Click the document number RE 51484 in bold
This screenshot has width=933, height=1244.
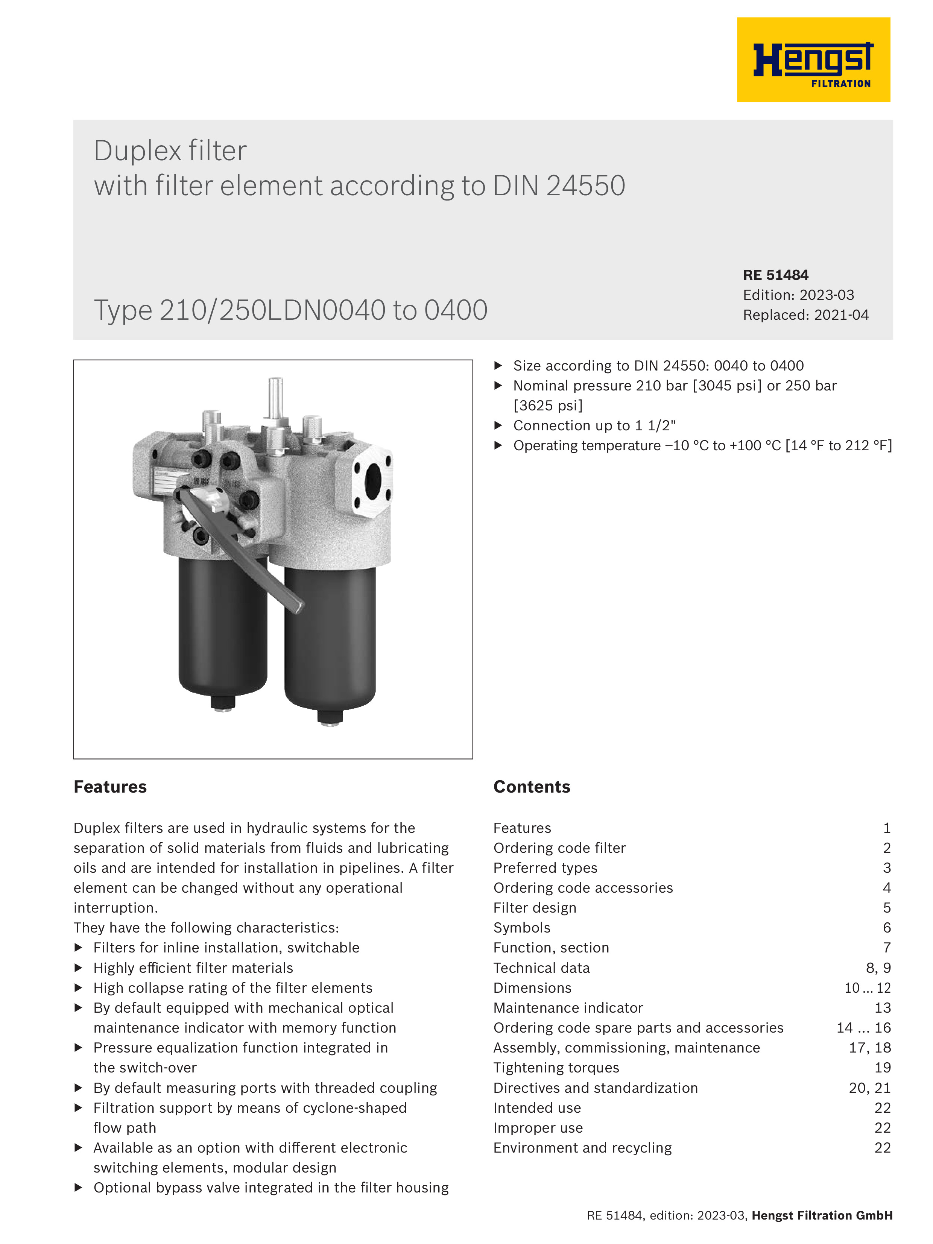[775, 275]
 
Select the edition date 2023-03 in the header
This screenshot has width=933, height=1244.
[826, 295]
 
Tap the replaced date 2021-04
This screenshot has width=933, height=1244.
[841, 315]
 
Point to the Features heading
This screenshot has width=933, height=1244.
[110, 787]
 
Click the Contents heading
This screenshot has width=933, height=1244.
[532, 787]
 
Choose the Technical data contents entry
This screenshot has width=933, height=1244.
[541, 968]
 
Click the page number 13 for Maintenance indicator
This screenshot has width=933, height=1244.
[882, 1008]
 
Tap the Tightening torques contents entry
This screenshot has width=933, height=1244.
[556, 1068]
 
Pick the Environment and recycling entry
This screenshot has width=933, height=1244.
[582, 1147]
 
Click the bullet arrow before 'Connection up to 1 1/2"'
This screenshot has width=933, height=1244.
[498, 425]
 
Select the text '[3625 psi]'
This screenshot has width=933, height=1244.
[548, 406]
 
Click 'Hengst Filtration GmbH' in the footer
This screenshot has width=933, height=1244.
[822, 1215]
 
